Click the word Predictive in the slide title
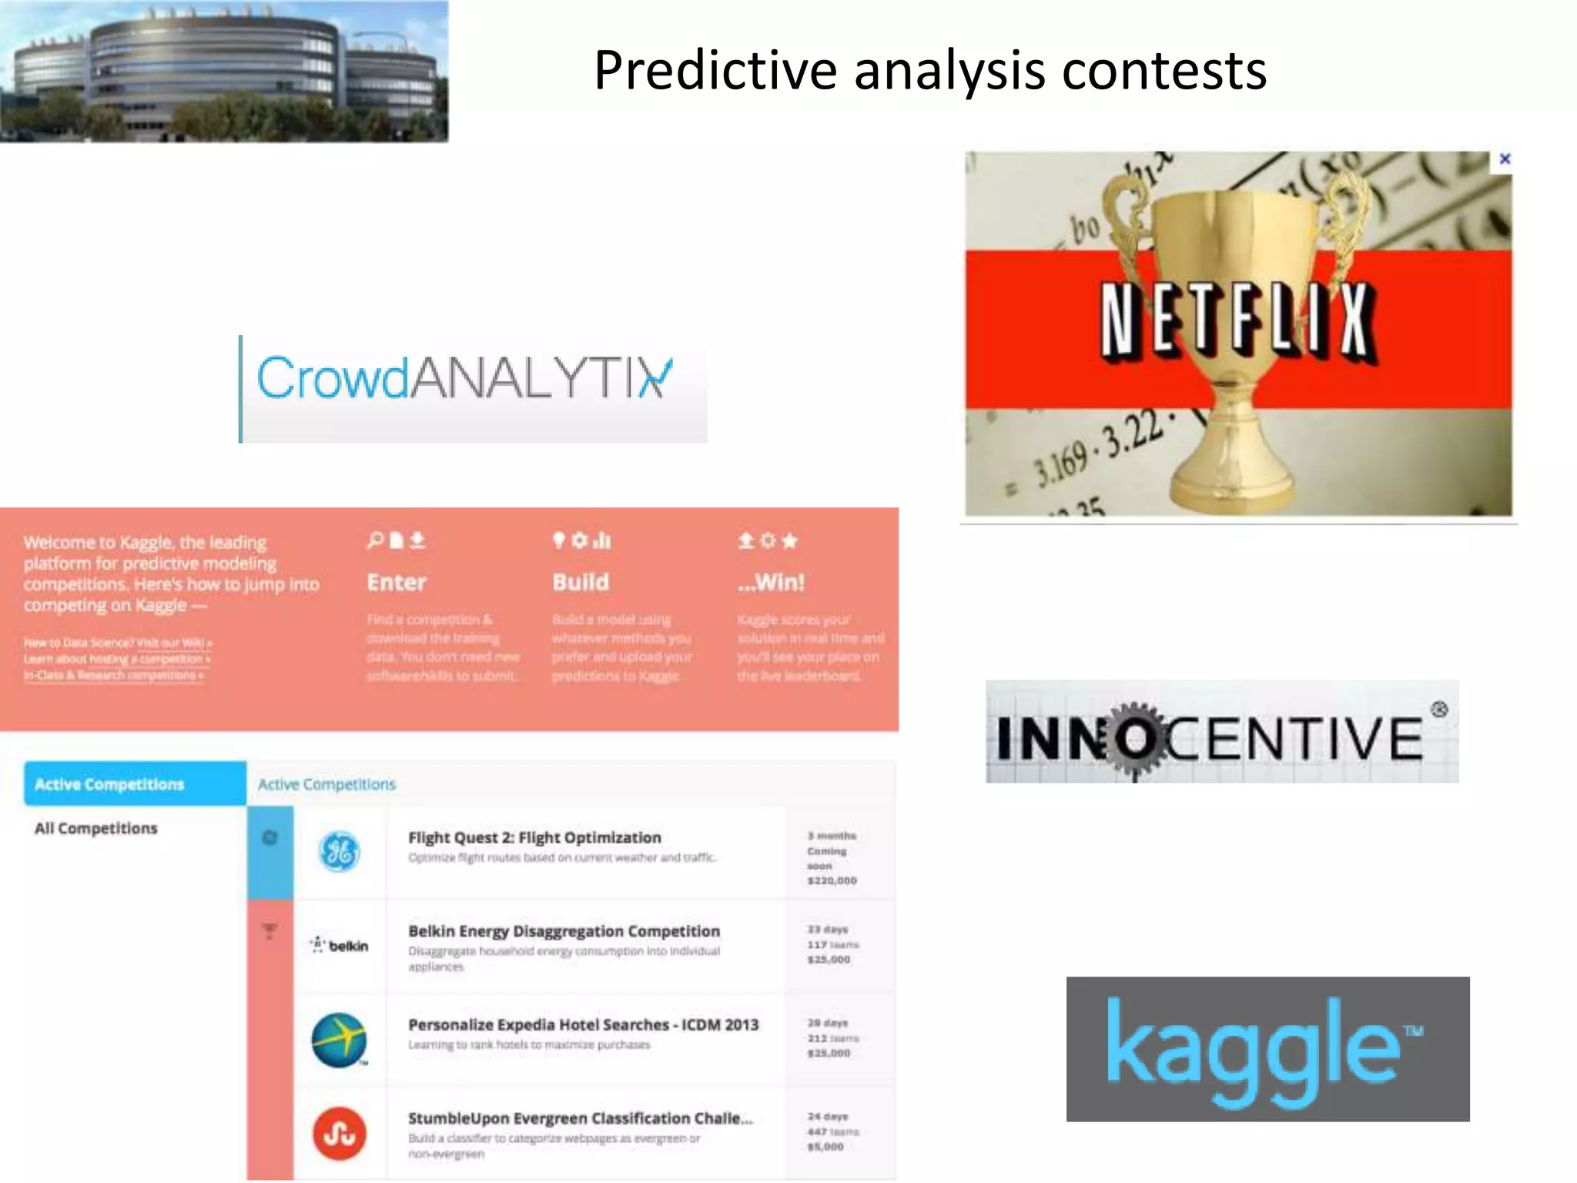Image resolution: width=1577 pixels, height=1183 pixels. pos(715,71)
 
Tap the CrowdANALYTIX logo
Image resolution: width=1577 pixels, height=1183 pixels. pos(464,378)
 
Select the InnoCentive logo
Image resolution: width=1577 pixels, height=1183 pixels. pos(1221,732)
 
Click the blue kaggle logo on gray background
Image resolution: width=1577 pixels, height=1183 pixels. pos(1267,1048)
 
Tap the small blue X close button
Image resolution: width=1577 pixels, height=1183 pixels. pos(1505,159)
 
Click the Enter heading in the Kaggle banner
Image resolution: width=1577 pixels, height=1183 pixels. pos(397,582)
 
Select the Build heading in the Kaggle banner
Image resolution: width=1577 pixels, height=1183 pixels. pos(581,582)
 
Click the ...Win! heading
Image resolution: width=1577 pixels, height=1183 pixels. pos(771,582)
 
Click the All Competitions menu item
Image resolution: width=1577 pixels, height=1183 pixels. pos(96,829)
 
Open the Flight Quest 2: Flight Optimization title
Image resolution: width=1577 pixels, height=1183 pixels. pos(534,838)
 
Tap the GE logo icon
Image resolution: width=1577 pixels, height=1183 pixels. pos(339,852)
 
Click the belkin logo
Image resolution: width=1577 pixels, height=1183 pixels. pos(340,946)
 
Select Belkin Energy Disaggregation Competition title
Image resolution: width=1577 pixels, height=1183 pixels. pos(564,931)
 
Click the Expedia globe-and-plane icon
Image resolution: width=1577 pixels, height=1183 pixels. pos(339,1040)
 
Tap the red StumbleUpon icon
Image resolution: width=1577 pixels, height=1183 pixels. pos(339,1134)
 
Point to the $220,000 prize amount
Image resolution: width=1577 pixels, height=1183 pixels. pos(832,881)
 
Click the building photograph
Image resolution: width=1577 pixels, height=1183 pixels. pos(223,71)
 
